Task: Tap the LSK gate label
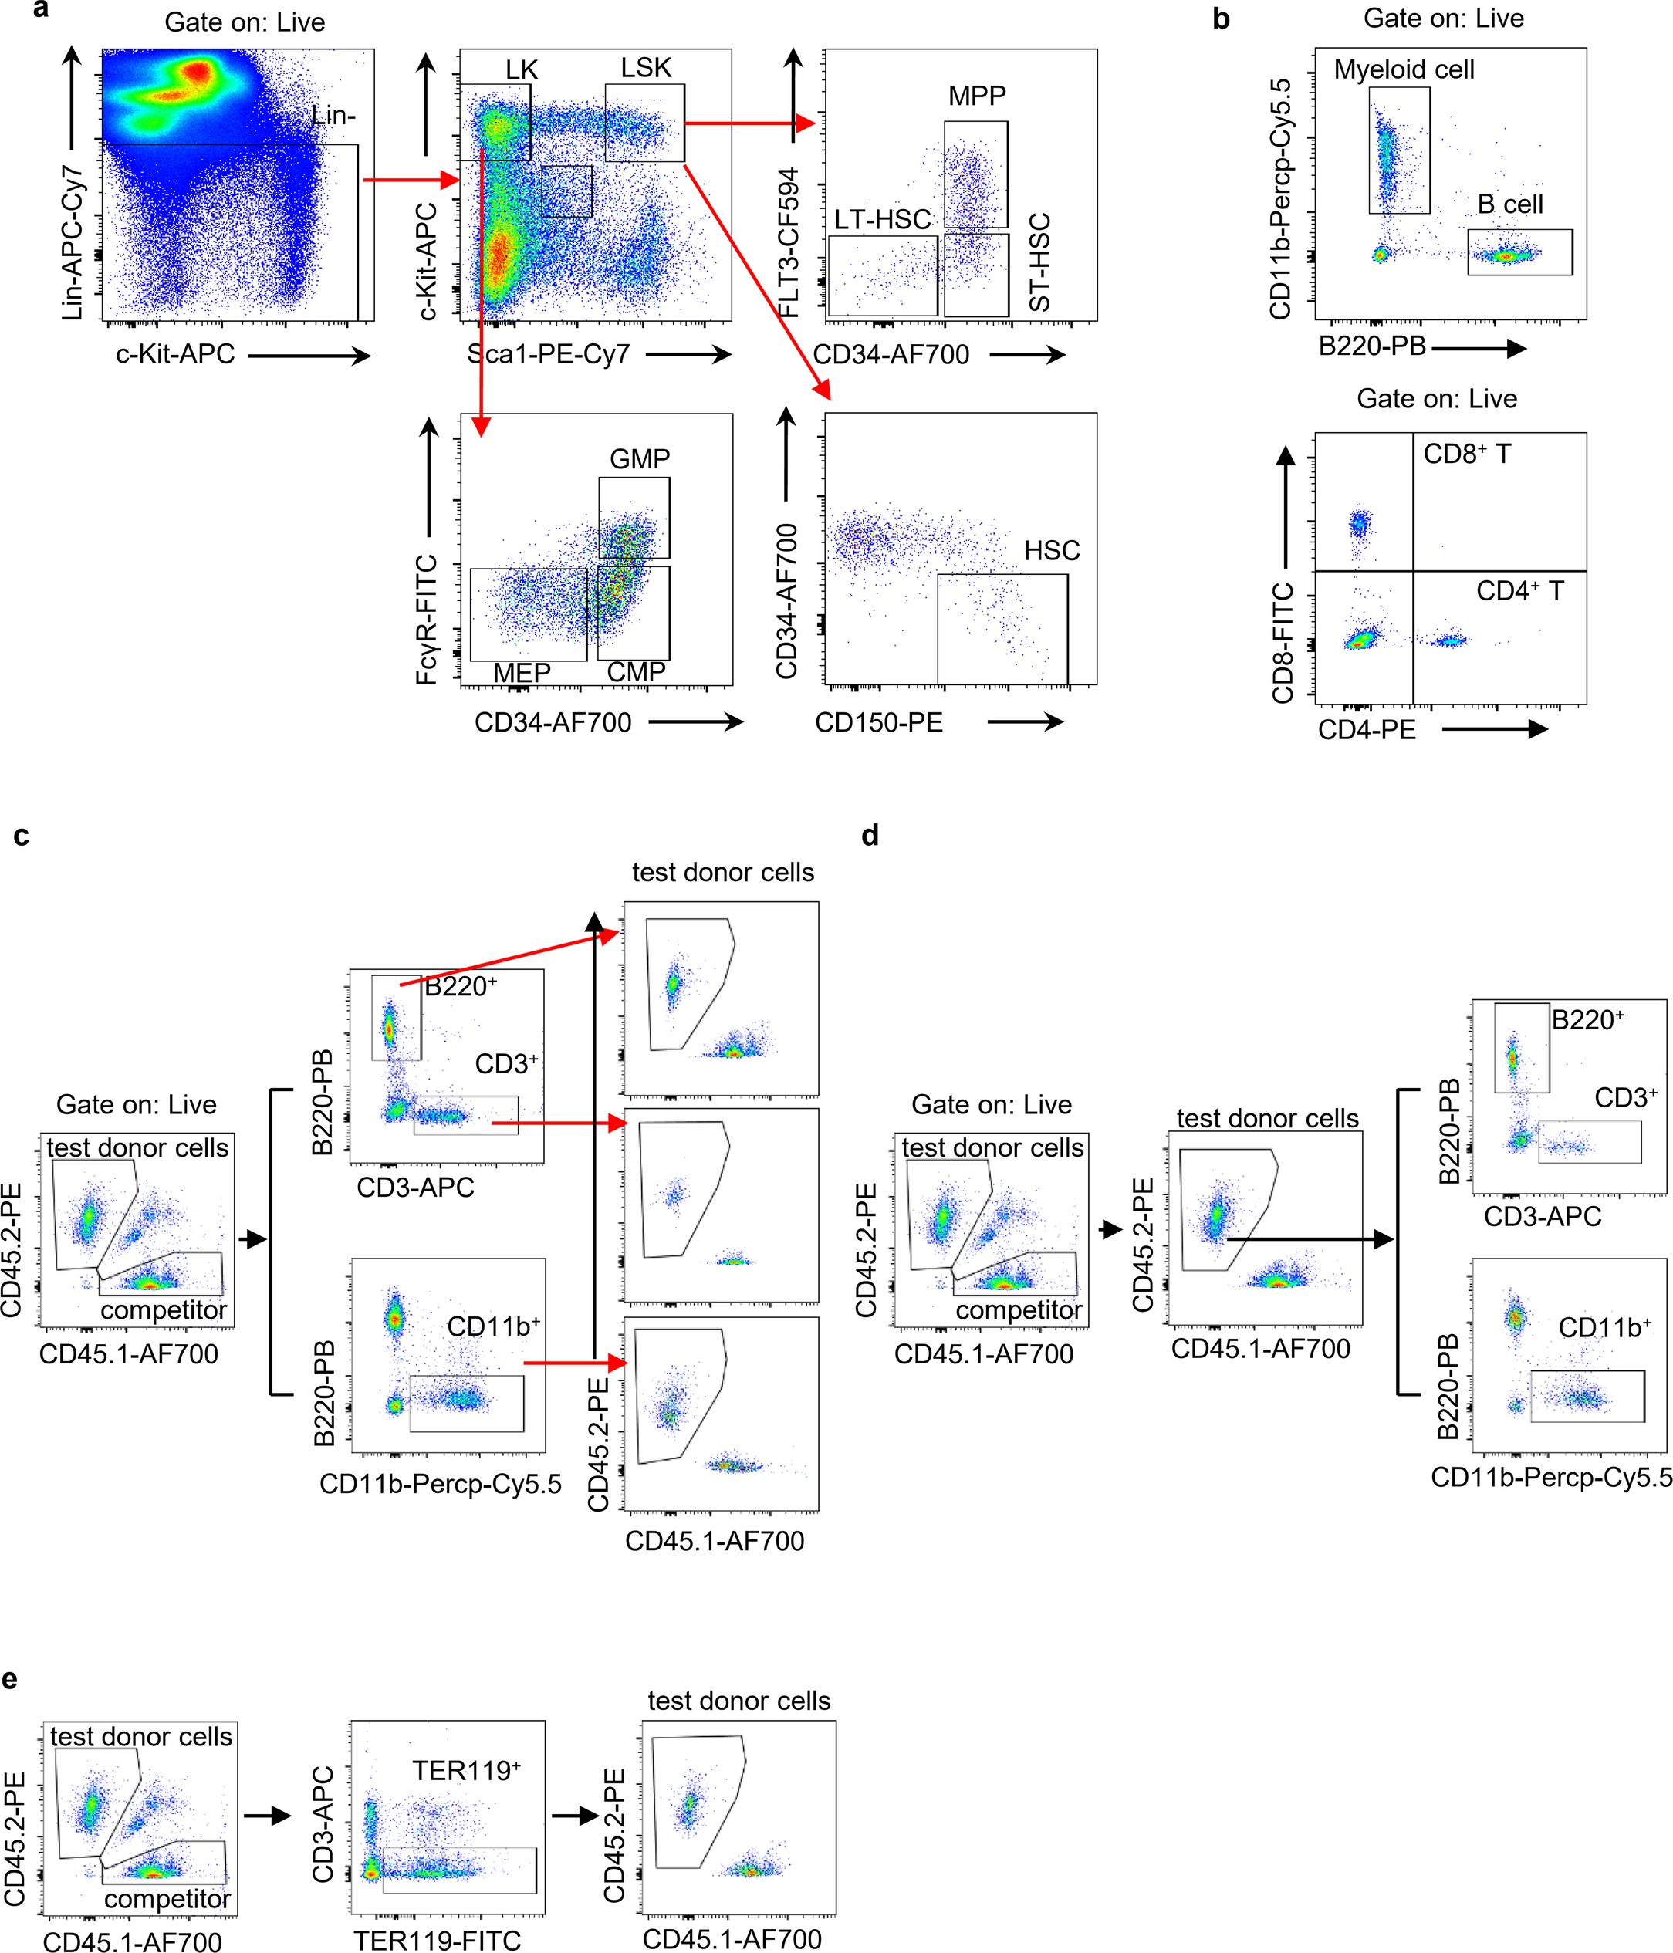point(646,68)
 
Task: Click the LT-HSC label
point(882,220)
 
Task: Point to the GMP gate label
point(640,459)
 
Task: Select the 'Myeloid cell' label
point(1404,69)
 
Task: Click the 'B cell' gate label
point(1510,204)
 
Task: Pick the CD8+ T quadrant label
point(1467,454)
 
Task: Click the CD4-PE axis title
point(1367,729)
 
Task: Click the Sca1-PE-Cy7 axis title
point(549,354)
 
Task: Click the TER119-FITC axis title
point(438,1940)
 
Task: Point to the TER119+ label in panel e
point(465,1771)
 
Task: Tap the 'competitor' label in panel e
point(167,1898)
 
